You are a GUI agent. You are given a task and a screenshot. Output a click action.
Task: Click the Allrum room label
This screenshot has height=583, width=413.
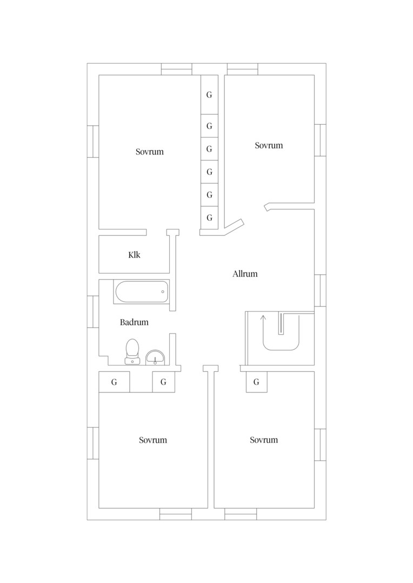[245, 274]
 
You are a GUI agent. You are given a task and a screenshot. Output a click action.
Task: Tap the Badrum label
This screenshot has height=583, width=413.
[134, 322]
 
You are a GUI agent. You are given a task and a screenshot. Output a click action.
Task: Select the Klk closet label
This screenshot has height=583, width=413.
[134, 255]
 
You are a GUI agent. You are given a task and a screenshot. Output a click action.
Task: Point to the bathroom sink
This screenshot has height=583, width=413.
[155, 357]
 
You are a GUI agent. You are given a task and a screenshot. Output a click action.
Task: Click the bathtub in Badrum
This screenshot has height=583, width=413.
[142, 291]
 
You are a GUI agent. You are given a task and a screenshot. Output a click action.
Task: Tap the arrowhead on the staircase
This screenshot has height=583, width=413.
[263, 317]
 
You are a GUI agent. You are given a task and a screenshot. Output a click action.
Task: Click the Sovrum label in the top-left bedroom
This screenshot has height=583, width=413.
[149, 152]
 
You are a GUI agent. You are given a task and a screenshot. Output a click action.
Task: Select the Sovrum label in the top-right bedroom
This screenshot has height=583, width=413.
[269, 145]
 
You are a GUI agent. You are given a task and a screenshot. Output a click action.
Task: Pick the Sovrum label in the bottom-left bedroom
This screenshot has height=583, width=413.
[152, 440]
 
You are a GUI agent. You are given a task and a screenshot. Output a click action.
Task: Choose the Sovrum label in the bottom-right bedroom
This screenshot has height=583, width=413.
[264, 440]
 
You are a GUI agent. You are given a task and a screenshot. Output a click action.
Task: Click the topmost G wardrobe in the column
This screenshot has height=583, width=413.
[209, 95]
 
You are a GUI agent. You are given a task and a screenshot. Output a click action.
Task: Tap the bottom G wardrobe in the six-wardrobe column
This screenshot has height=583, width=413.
[209, 218]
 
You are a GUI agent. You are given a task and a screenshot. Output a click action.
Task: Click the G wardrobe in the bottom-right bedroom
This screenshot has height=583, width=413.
[256, 382]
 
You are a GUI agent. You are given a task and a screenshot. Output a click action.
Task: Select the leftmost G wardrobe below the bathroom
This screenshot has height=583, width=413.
[114, 382]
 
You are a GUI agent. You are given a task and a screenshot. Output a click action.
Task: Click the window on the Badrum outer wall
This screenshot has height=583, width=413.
[93, 311]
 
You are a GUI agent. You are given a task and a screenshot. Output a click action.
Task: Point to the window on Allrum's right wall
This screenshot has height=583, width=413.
[320, 290]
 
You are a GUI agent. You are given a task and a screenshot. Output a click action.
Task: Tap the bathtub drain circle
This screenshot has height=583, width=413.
[163, 292]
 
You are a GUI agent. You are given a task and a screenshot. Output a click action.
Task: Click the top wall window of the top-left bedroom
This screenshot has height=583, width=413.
[177, 69]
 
